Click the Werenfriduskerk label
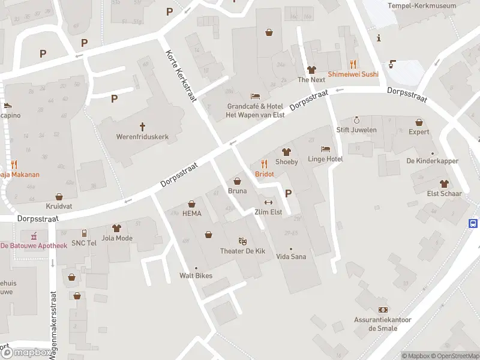click(x=142, y=137)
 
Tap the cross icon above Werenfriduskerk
click(x=143, y=127)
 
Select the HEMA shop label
click(x=191, y=214)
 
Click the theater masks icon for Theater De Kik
click(x=243, y=241)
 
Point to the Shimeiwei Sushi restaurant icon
click(x=353, y=64)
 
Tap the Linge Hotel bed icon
click(x=325, y=149)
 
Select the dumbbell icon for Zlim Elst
click(x=268, y=202)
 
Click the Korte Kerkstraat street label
click(x=181, y=76)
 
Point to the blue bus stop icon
click(x=473, y=223)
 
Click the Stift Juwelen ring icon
click(x=356, y=120)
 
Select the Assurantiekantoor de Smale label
click(x=382, y=324)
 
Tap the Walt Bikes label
click(x=196, y=276)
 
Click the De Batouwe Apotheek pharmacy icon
click(x=34, y=235)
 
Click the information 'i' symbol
click(x=379, y=38)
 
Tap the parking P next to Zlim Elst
click(x=289, y=193)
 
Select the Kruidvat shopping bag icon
click(x=59, y=196)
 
